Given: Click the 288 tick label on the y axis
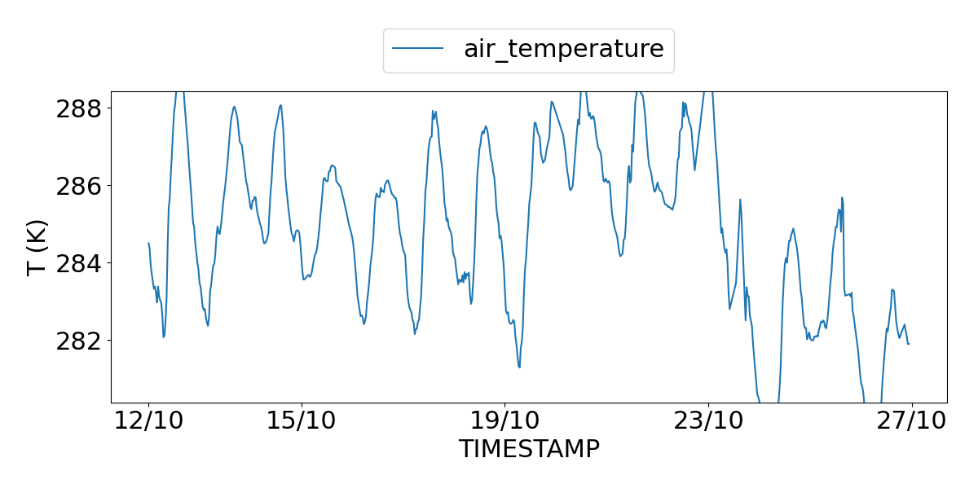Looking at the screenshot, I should click(x=78, y=108).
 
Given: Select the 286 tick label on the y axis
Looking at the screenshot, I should click(x=78, y=186).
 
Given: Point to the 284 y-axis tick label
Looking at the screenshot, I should click(x=78, y=263).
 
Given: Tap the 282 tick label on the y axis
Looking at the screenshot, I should click(x=78, y=341).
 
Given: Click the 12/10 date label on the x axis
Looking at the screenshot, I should click(x=148, y=422).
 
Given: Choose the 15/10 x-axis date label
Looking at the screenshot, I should click(x=302, y=422).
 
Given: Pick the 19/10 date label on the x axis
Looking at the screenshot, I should click(x=504, y=422).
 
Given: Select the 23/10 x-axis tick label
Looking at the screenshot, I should click(x=708, y=422).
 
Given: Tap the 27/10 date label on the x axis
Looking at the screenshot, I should click(x=911, y=422).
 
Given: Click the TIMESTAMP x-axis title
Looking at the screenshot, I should click(x=529, y=449).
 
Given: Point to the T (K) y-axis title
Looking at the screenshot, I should click(x=37, y=247).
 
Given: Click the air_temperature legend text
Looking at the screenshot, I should click(x=564, y=49).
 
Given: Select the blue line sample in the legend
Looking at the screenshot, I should click(x=418, y=49).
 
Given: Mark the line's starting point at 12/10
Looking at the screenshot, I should click(x=148, y=243).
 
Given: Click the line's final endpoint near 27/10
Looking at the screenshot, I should click(x=909, y=344).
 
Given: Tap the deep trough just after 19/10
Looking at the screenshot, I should click(x=519, y=367).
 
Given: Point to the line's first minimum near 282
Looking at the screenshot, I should click(x=164, y=337).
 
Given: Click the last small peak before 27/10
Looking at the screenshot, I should click(x=893, y=289).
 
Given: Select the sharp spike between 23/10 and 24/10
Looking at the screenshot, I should click(x=740, y=199).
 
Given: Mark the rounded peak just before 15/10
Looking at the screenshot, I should click(x=280, y=105).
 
